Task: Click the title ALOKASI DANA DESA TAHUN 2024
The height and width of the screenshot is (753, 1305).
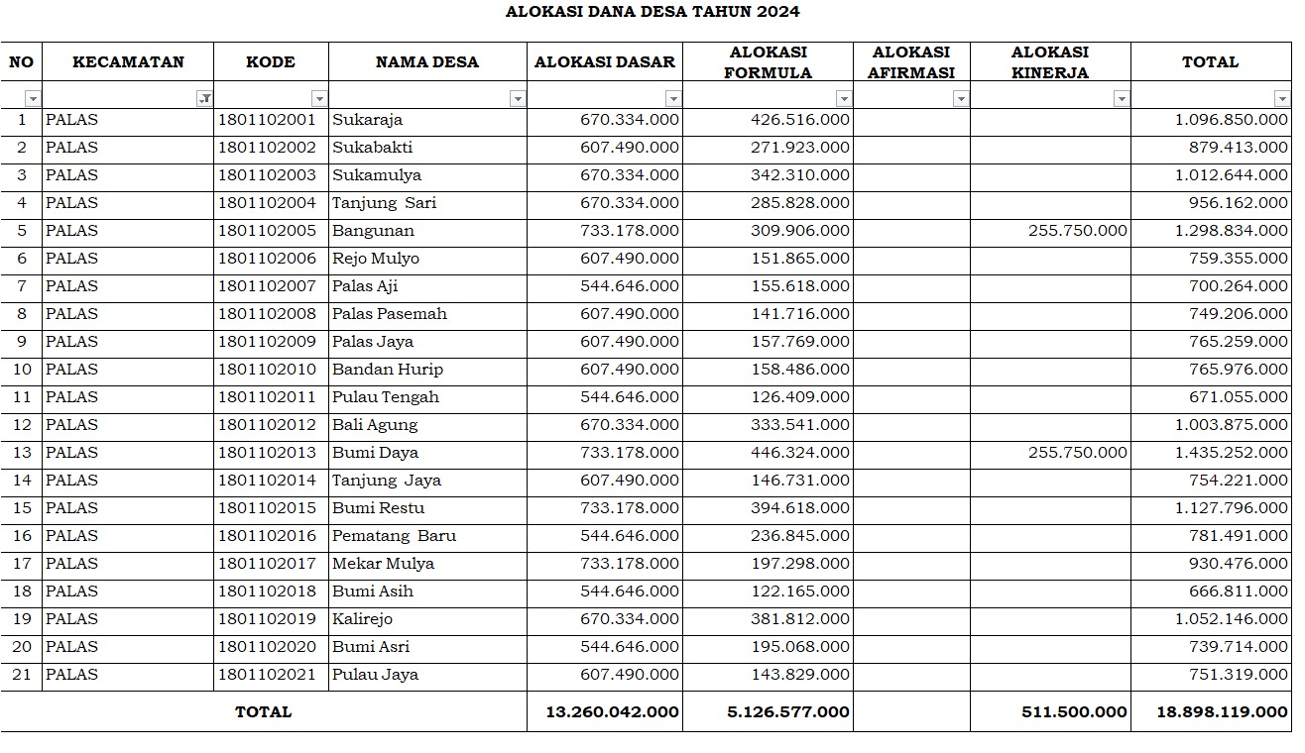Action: click(x=652, y=13)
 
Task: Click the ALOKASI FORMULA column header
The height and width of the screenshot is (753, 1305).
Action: click(x=768, y=62)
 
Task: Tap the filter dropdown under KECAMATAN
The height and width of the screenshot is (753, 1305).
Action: click(x=204, y=99)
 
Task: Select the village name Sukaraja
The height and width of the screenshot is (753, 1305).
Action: click(x=367, y=120)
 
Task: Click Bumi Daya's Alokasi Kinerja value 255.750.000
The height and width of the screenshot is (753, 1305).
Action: click(x=1077, y=453)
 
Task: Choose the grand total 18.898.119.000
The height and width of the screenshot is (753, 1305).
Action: click(x=1222, y=712)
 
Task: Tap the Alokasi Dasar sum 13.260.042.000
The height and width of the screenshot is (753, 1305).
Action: click(x=612, y=712)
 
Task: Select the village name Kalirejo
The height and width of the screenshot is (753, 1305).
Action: click(x=362, y=619)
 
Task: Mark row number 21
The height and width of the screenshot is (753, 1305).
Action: click(x=21, y=675)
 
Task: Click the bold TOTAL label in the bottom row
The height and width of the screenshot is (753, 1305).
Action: click(x=263, y=712)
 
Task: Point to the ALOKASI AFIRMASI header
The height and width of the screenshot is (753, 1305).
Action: click(x=910, y=62)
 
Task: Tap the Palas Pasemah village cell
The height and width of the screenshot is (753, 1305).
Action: click(x=389, y=314)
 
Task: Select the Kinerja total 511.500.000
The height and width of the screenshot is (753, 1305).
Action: click(x=1074, y=712)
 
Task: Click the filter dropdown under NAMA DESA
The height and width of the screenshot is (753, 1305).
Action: click(x=517, y=99)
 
